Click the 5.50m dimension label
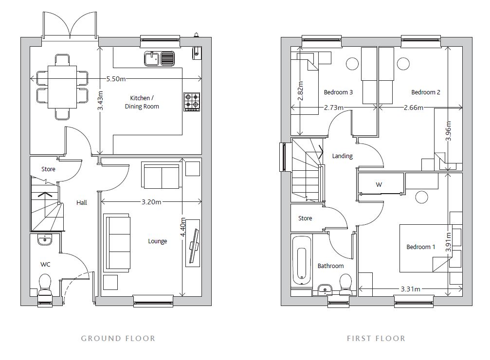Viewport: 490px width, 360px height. click(x=116, y=79)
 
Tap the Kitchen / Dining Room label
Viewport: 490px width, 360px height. click(x=142, y=102)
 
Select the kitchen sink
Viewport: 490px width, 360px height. click(x=159, y=59)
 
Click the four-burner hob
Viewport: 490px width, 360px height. click(x=192, y=102)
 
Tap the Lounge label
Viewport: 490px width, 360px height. click(x=158, y=241)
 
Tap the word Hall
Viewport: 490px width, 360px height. click(x=82, y=202)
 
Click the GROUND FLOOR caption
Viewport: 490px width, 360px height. click(x=118, y=338)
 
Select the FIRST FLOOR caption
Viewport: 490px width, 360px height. click(x=376, y=338)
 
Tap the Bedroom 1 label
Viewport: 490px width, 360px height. click(x=421, y=247)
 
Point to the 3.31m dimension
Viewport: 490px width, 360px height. click(x=411, y=289)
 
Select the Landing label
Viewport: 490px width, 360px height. click(x=342, y=156)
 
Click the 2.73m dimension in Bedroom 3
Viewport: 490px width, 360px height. click(x=334, y=108)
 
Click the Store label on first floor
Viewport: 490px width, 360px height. click(x=305, y=218)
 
